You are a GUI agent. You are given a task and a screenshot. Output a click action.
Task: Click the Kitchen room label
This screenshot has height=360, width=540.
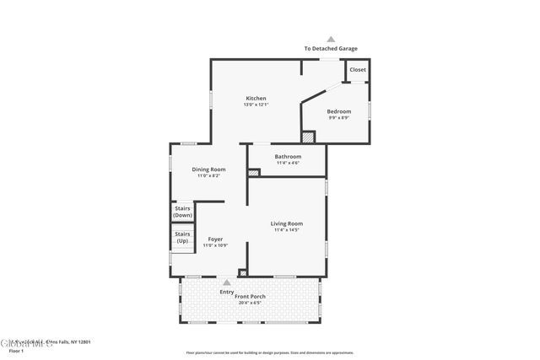pyautogui.click(x=256, y=99)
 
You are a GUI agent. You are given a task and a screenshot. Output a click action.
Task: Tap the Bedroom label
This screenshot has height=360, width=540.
pyautogui.click(x=339, y=111)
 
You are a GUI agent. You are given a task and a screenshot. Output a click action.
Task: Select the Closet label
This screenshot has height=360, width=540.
pyautogui.click(x=358, y=70)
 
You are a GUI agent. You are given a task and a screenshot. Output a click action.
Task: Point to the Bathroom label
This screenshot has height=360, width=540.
pyautogui.click(x=288, y=157)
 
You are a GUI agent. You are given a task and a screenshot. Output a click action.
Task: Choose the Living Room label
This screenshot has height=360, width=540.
pyautogui.click(x=287, y=223)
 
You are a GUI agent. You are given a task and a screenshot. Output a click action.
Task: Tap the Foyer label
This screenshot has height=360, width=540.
pyautogui.click(x=215, y=239)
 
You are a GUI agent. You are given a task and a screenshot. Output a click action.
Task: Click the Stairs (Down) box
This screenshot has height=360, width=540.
pyautogui.click(x=182, y=212)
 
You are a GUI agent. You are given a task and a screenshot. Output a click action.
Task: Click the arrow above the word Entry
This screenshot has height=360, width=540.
pyautogui.click(x=227, y=282)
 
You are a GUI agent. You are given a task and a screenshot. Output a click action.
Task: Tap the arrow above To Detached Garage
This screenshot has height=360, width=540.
pyautogui.click(x=331, y=39)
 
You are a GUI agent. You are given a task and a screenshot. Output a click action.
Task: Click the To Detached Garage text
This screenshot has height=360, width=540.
pyautogui.click(x=331, y=49)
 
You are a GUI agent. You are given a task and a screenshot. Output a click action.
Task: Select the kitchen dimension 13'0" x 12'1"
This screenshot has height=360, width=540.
pyautogui.click(x=256, y=105)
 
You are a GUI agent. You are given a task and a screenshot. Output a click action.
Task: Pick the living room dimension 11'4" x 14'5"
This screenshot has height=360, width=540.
pyautogui.click(x=287, y=229)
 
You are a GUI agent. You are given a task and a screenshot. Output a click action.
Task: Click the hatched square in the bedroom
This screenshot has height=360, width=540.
pyautogui.click(x=309, y=136)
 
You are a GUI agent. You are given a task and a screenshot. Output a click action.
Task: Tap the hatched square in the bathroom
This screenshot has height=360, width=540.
pyautogui.click(x=254, y=173)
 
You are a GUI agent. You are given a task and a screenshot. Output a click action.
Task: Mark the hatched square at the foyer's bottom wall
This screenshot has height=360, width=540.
pyautogui.click(x=243, y=272)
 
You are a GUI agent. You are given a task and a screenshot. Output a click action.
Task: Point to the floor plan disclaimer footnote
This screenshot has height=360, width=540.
pyautogui.click(x=270, y=352)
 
